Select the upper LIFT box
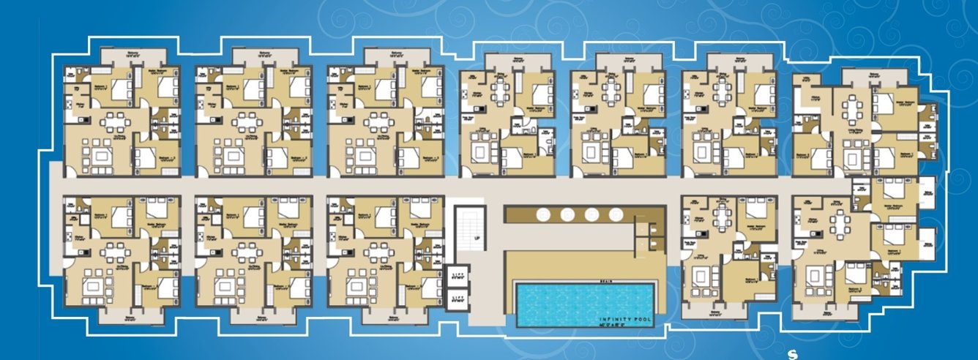(457, 275)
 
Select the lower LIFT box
(457, 299)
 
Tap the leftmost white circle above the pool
(544, 214)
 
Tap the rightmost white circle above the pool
(615, 214)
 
